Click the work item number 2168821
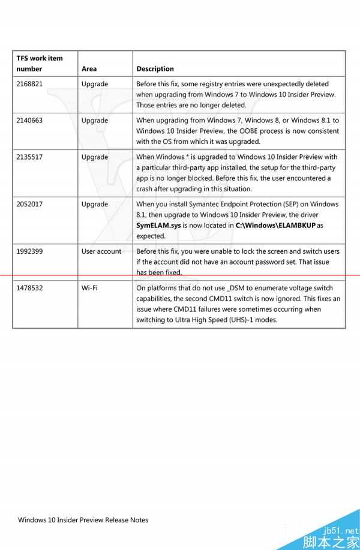29,85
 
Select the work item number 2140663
29,121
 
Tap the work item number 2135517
29,157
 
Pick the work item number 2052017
29,205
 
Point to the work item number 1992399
29,251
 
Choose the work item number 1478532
29,288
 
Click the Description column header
155,69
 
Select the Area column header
89,69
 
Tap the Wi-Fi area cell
89,288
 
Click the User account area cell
101,251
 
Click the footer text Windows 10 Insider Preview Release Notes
83,520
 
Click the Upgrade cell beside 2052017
95,205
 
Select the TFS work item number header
40,64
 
